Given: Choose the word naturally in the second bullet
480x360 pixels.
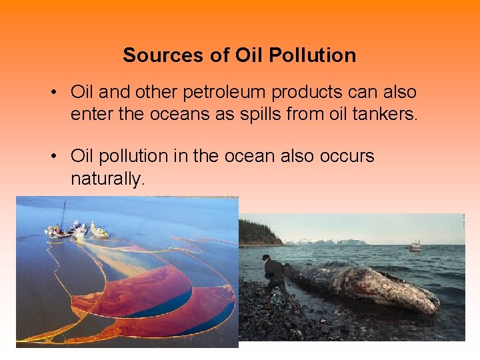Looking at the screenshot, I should pos(107,179).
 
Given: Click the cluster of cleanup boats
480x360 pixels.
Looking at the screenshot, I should pos(77,230).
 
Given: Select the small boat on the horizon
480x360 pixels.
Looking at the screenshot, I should pos(415,246).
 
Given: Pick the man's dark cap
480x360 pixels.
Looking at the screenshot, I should pos(266,257).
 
